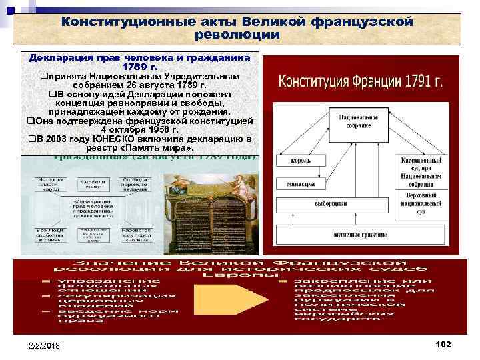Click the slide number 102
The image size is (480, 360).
pos(443,343)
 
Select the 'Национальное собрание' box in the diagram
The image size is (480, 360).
pos(359,123)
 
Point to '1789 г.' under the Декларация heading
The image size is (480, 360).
pos(139,67)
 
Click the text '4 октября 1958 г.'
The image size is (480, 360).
pos(139,130)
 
